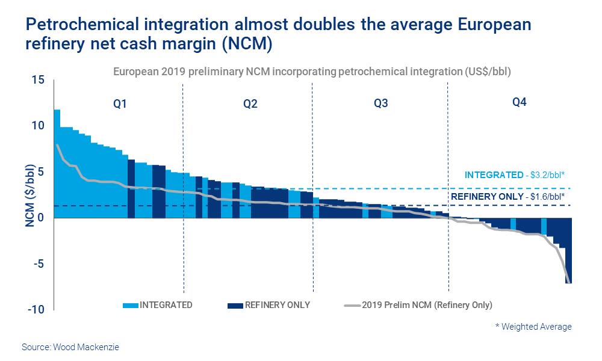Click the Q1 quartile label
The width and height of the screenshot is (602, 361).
click(120, 103)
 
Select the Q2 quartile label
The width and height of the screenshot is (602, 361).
click(250, 103)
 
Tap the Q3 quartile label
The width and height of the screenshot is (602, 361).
click(380, 103)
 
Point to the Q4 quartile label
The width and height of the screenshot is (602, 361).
click(519, 102)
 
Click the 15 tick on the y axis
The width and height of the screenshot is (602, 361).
click(39, 79)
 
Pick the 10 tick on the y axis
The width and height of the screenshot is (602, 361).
click(39, 126)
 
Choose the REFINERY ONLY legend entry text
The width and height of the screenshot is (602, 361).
click(277, 305)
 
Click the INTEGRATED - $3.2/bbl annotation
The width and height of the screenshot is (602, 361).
click(514, 175)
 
